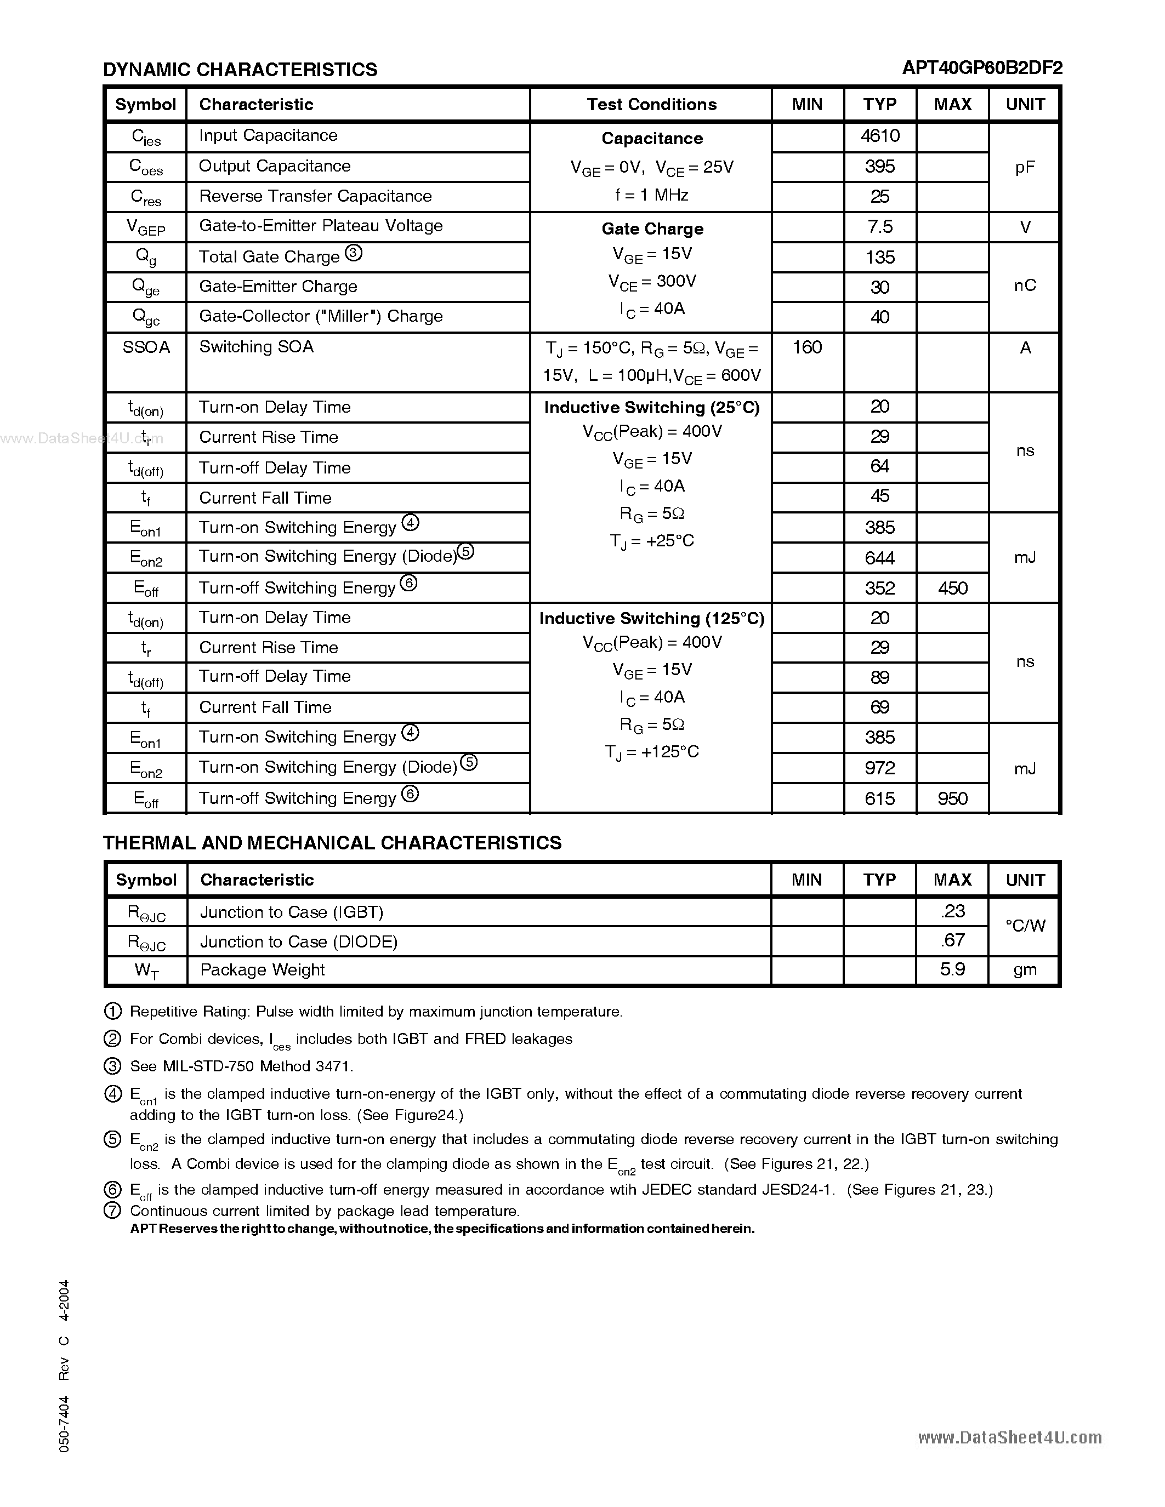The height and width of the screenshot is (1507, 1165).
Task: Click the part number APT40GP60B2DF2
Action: coord(981,67)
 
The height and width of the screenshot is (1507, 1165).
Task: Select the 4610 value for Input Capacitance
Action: coord(880,135)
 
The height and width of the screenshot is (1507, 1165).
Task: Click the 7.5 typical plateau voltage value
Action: coord(880,226)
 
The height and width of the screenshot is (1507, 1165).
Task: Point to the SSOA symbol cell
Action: coord(146,347)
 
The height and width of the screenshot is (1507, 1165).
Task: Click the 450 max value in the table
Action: coord(952,588)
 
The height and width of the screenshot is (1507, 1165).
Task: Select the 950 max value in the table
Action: coord(952,798)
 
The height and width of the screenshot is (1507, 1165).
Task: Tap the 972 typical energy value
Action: coord(880,768)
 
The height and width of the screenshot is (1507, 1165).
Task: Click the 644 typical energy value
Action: coord(880,557)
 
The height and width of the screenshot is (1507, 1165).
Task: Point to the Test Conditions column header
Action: coord(651,104)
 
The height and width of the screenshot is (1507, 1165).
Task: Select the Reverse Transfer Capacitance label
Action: coord(315,196)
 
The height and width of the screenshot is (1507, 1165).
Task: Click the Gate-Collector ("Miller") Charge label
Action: coord(321,316)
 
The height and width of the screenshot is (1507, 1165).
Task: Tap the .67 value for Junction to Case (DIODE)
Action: coord(952,940)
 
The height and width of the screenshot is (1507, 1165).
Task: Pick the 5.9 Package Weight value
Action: coord(952,969)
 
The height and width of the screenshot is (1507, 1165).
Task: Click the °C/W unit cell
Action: coord(1025,926)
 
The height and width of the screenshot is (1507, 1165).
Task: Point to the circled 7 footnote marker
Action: coord(112,1211)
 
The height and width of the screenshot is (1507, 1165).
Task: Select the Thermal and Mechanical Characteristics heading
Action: coord(332,842)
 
